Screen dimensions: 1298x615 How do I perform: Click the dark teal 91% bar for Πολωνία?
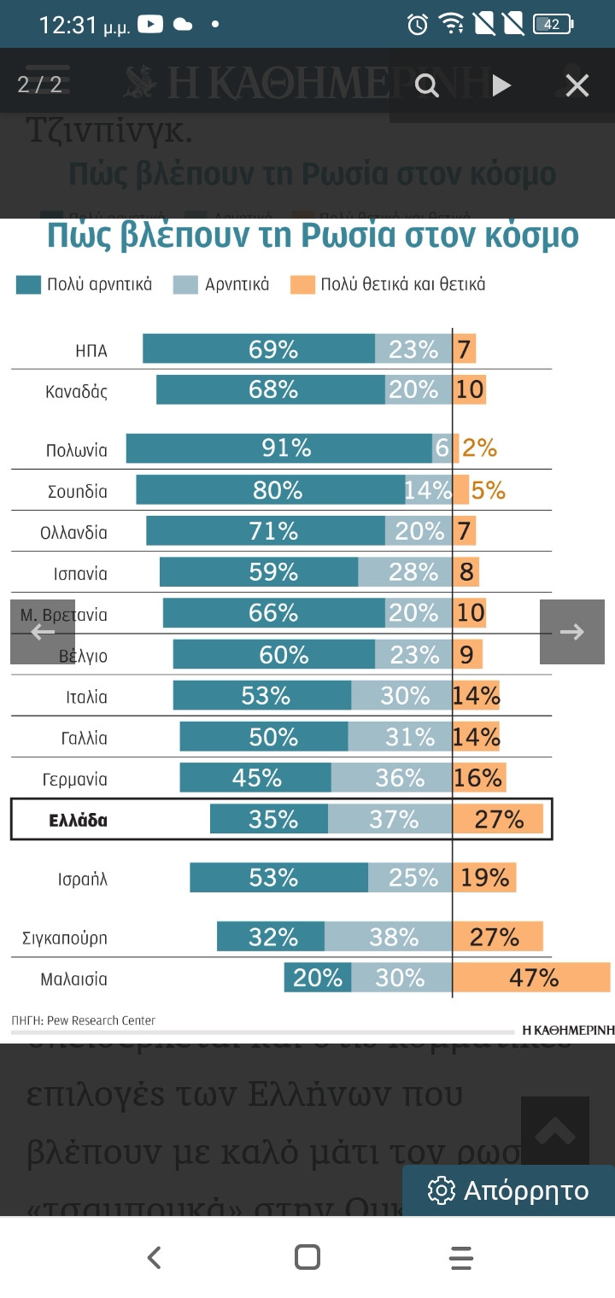pos(278,448)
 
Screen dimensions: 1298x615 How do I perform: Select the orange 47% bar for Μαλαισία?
pos(531,978)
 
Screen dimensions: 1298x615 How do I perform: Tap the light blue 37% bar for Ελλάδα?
pos(390,820)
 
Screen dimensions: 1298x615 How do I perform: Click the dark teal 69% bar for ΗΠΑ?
pos(258,349)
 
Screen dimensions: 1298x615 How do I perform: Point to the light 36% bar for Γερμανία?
pos(391,778)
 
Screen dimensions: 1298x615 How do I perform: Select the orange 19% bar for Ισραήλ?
pos(484,878)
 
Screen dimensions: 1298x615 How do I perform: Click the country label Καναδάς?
pos(77,392)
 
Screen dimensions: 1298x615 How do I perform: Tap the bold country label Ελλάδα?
pos(78,821)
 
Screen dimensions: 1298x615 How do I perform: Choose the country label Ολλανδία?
pos(73,533)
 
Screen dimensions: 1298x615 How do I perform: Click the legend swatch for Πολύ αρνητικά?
pos(28,285)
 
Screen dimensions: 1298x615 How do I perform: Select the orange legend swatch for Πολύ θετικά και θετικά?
pos(302,285)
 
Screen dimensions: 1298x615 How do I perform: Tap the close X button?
pos(577,85)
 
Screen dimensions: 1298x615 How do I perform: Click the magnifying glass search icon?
pos(426,85)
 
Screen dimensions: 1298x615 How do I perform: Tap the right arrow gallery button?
pos(571,632)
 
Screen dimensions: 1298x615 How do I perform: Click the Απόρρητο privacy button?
pos(509,1190)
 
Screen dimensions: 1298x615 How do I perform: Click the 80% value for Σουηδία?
pos(278,490)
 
